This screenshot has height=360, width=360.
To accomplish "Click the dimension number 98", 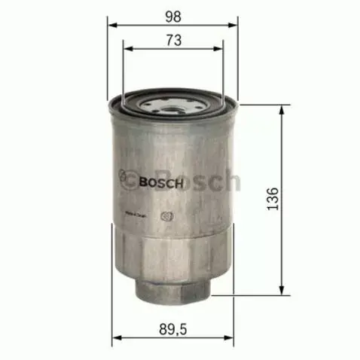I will pos(174,14).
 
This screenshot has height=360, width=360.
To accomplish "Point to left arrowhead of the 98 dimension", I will pos(112,25).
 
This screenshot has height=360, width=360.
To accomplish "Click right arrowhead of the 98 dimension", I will pos(236,25).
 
